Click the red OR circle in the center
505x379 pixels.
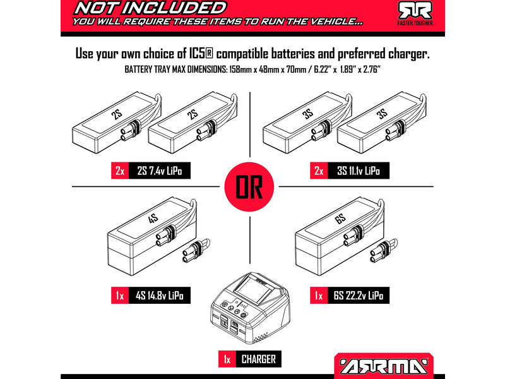(252, 188)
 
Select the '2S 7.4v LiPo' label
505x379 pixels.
(159, 171)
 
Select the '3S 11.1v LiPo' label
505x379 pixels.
(359, 171)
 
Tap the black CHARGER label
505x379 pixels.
(258, 359)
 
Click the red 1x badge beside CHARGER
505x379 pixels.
(226, 359)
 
